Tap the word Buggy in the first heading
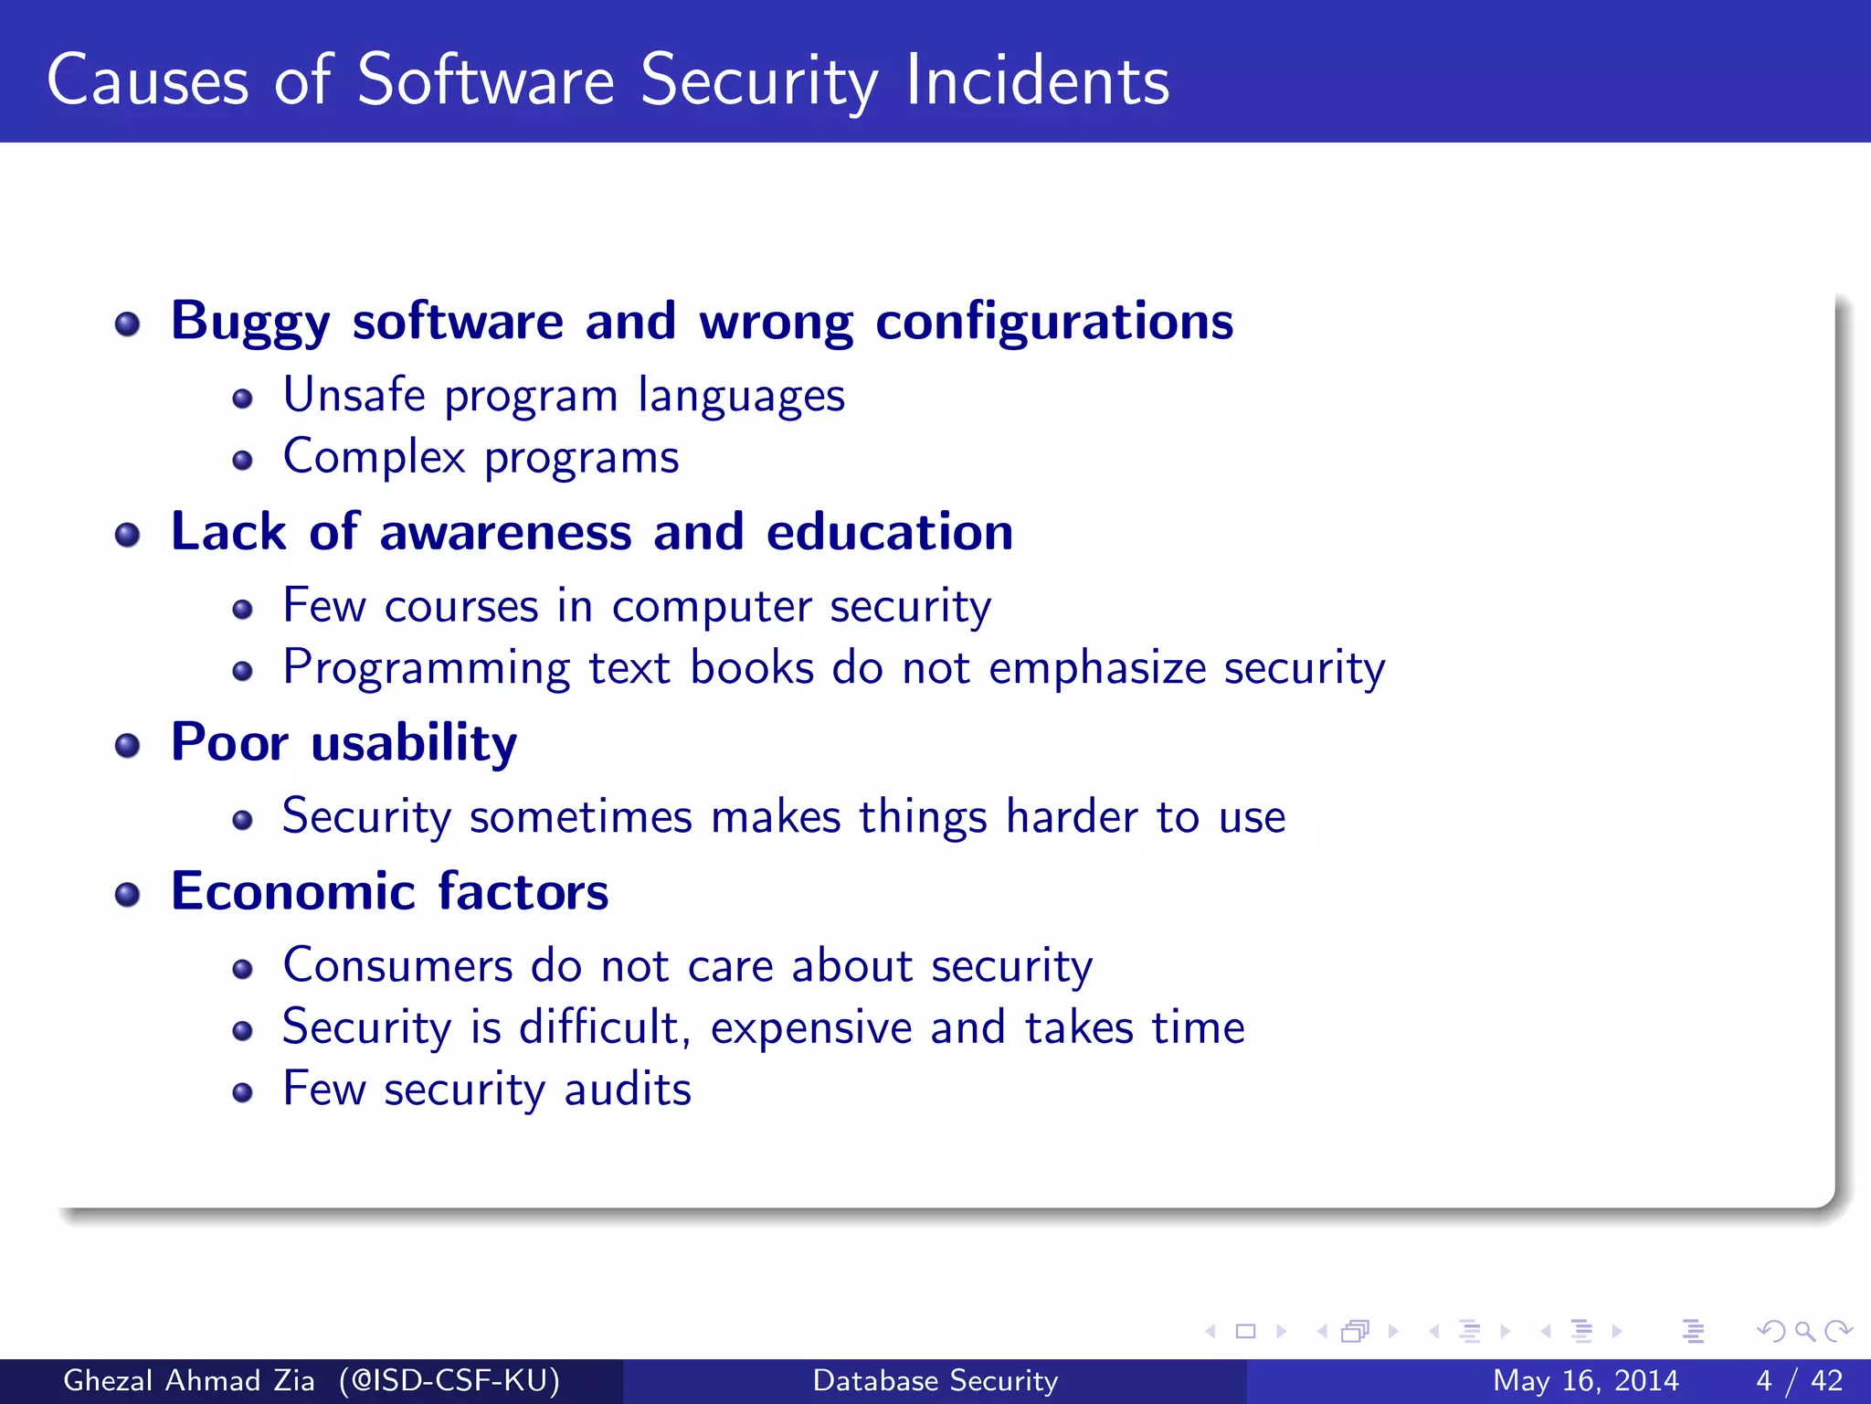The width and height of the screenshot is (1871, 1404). click(250, 322)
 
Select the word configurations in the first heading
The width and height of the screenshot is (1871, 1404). click(1054, 322)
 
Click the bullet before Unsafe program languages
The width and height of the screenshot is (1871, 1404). click(242, 399)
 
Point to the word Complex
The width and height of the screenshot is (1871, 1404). click(374, 457)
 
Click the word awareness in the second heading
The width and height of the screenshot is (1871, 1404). click(505, 532)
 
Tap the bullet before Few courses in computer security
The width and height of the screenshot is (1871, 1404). click(242, 610)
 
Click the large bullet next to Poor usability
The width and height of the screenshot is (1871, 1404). click(128, 746)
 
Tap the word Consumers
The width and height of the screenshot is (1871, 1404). click(397, 966)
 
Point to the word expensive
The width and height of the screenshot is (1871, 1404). click(811, 1028)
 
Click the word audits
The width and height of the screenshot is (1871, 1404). click(628, 1090)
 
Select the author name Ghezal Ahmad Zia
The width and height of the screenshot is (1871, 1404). click(188, 1380)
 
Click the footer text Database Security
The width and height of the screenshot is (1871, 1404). click(935, 1380)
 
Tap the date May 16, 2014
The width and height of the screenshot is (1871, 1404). click(1585, 1380)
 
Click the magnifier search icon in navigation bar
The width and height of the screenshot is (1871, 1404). click(1804, 1331)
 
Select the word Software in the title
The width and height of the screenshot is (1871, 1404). click(486, 80)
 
